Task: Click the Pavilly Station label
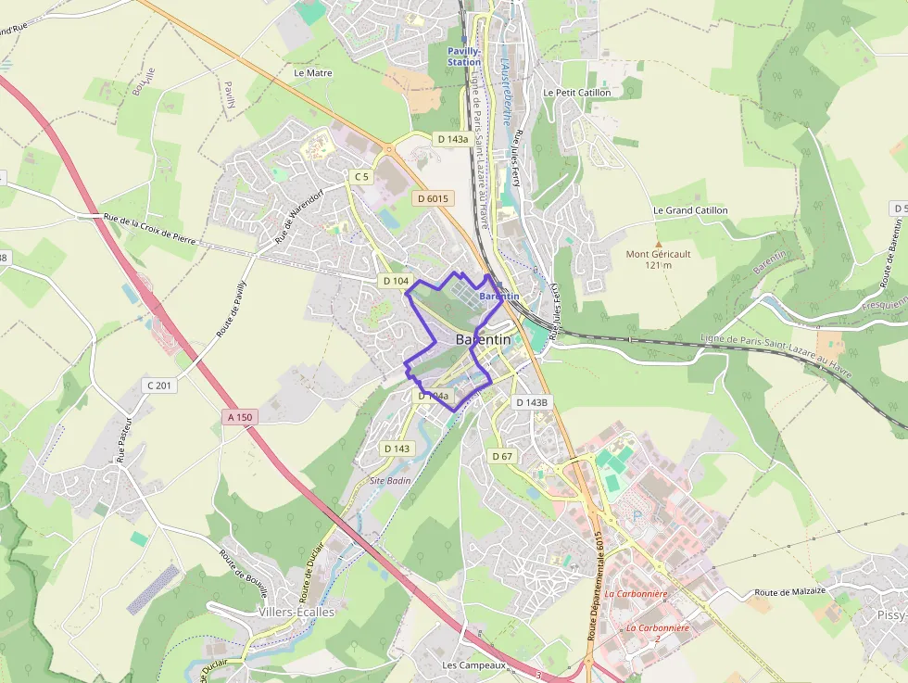(x=464, y=57)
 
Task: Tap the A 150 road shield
(x=239, y=417)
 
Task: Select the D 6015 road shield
(x=433, y=198)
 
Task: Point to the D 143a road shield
(x=451, y=139)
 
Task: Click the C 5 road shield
(x=361, y=176)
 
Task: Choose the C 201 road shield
(x=159, y=385)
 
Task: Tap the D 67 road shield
(x=502, y=456)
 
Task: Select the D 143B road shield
(x=532, y=402)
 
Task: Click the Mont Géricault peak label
(x=659, y=259)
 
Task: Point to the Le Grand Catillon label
(x=690, y=210)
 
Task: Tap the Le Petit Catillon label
(x=577, y=93)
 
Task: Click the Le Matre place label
(x=312, y=72)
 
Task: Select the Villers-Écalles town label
(x=296, y=613)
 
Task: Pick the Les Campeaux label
(x=473, y=665)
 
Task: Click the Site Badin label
(x=389, y=480)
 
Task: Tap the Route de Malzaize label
(x=788, y=591)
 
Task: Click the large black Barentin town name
(x=483, y=340)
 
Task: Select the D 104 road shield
(x=396, y=280)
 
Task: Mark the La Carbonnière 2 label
(x=657, y=633)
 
